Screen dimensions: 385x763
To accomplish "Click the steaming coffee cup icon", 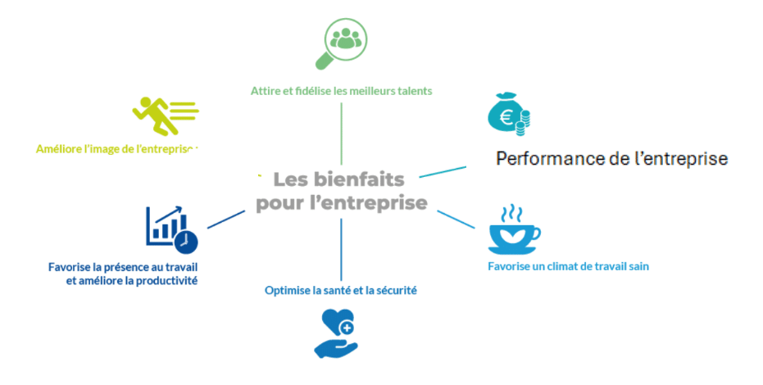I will [x=513, y=230].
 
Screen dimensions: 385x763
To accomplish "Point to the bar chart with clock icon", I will [x=171, y=228].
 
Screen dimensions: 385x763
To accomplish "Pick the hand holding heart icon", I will [x=336, y=333].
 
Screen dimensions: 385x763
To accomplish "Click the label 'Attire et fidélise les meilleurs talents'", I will [x=341, y=90].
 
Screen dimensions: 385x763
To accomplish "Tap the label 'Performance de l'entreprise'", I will [x=611, y=159].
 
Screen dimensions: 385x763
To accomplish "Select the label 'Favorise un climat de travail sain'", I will [x=562, y=266].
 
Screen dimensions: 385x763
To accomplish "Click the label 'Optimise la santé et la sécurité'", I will [x=341, y=289].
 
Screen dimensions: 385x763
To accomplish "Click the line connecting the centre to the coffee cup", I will [x=456, y=220].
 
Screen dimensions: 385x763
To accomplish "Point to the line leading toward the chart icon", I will [x=226, y=219].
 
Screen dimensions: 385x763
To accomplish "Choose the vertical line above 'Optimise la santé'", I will [x=341, y=249].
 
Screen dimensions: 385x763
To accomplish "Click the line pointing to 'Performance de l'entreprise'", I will [x=442, y=171].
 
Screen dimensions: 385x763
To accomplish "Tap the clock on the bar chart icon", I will [x=187, y=242].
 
